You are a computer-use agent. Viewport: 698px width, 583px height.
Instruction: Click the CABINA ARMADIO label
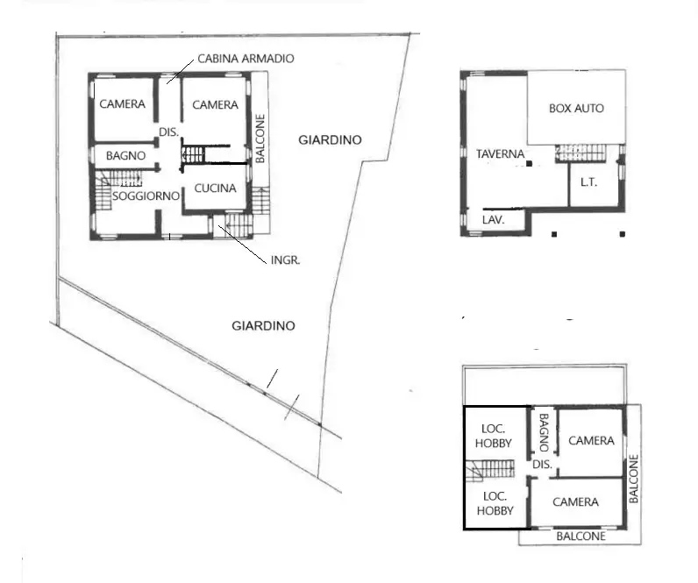[x=246, y=59]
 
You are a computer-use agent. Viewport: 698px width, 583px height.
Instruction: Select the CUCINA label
[x=215, y=188]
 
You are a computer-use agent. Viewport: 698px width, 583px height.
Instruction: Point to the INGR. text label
[x=285, y=260]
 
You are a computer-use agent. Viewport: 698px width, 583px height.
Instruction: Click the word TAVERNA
[x=500, y=154]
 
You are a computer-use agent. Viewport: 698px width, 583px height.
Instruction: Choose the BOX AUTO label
[x=576, y=109]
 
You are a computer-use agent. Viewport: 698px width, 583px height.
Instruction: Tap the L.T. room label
[x=588, y=182]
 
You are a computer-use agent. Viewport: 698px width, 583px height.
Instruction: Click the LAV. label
[x=493, y=220]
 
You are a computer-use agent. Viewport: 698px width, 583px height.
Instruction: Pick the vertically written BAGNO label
[x=544, y=431]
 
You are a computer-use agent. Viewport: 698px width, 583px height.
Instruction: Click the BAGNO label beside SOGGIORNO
[x=125, y=155]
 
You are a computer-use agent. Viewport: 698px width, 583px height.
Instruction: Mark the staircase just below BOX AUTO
[x=580, y=153]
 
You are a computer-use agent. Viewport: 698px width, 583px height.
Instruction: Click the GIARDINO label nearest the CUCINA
[x=330, y=139]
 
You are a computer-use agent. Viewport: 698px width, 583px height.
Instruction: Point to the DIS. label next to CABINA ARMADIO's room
[x=168, y=132]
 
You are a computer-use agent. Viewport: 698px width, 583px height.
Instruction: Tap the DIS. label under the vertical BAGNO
[x=542, y=465]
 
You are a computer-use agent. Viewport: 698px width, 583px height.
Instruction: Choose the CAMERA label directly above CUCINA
[x=215, y=105]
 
